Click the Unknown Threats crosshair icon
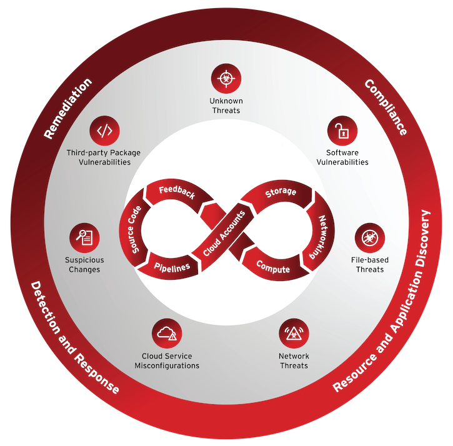pyautogui.click(x=226, y=78)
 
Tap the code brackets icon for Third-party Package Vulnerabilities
pyautogui.click(x=104, y=131)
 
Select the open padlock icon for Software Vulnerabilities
pyautogui.click(x=342, y=131)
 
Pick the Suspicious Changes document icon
pyautogui.click(x=84, y=238)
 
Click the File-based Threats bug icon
pyautogui.click(x=370, y=238)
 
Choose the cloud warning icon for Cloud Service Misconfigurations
pyautogui.click(x=167, y=334)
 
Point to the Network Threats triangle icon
pyautogui.click(x=294, y=334)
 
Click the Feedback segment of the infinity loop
pyautogui.click(x=177, y=194)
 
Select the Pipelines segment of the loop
pyautogui.click(x=171, y=267)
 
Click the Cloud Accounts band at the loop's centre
pyautogui.click(x=224, y=234)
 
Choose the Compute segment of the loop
pyautogui.click(x=273, y=266)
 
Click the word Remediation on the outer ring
pyautogui.click(x=67, y=108)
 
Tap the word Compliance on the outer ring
pyautogui.click(x=386, y=107)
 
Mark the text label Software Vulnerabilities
pyautogui.click(x=342, y=157)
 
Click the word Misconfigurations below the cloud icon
pyautogui.click(x=167, y=365)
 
